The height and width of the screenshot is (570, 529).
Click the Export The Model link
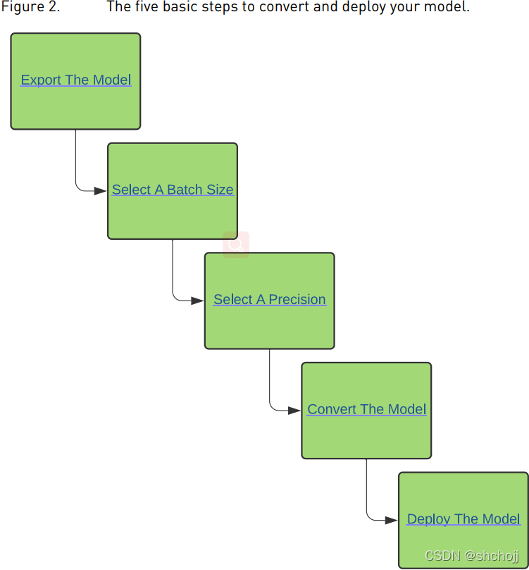click(76, 80)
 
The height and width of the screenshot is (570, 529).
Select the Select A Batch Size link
click(173, 190)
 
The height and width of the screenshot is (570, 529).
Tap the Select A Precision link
click(270, 300)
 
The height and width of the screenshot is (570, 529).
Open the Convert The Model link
click(367, 409)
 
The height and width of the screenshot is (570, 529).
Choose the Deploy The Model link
click(463, 519)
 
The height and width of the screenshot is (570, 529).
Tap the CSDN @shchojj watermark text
click(472, 556)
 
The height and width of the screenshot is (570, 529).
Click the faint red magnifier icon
click(236, 245)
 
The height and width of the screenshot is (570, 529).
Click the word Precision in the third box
click(297, 300)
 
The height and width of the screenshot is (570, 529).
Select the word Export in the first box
click(41, 80)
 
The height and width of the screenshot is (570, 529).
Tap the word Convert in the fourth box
click(332, 409)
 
